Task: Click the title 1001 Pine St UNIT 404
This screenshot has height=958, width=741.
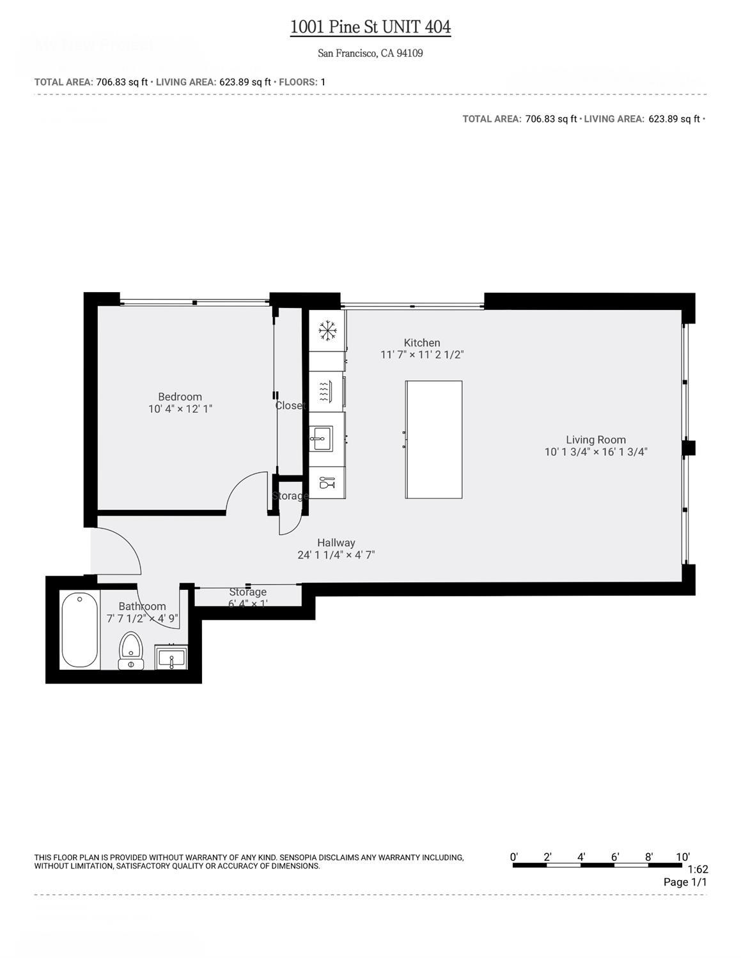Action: tap(370, 27)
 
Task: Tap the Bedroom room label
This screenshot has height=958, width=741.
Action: tap(180, 397)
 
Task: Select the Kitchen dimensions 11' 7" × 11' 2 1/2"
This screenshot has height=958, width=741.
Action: tap(422, 355)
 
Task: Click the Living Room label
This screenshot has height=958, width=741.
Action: tap(596, 440)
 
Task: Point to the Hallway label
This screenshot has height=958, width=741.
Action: tap(336, 543)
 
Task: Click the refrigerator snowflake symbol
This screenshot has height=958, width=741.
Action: tap(327, 330)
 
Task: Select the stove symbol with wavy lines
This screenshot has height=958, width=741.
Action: tap(326, 390)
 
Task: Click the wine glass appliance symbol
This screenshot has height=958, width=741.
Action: tap(326, 483)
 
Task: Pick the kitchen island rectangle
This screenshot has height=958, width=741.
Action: tap(433, 440)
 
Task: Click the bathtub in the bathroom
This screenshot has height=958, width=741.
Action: tap(80, 630)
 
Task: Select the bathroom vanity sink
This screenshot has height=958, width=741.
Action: tap(171, 658)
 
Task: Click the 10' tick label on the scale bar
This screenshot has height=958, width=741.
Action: tap(683, 857)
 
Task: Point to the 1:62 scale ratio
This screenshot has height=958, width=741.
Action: tap(698, 869)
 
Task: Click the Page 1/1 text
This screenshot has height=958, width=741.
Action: tap(685, 883)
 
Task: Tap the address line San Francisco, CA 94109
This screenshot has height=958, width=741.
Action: tap(370, 54)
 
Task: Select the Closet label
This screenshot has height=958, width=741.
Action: tap(290, 406)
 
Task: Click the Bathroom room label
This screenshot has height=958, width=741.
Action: tap(142, 606)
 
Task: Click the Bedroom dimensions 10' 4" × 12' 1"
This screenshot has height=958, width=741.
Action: tap(180, 409)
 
